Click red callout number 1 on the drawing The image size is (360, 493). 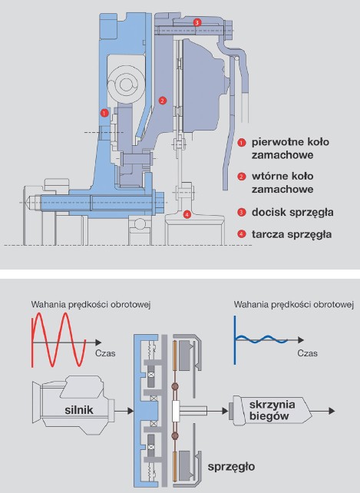(x=104, y=113)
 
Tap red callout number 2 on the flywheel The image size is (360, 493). (x=162, y=101)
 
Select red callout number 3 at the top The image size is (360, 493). (x=197, y=22)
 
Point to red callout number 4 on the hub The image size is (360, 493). (x=187, y=215)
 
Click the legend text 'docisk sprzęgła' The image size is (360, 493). (x=292, y=213)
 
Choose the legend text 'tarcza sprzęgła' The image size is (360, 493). (x=292, y=234)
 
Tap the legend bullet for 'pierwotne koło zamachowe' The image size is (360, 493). (x=242, y=142)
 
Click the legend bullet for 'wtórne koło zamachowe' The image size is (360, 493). (x=242, y=177)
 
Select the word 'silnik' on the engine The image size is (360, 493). (x=79, y=410)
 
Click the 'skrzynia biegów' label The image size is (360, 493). (x=272, y=410)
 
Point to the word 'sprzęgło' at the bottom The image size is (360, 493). (x=231, y=467)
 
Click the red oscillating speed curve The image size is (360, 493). (x=58, y=339)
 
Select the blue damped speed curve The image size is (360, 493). (x=261, y=339)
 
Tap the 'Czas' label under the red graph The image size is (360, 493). (x=105, y=353)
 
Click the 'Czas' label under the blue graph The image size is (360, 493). (x=307, y=353)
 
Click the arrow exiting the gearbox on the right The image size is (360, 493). (x=323, y=411)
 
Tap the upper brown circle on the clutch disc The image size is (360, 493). (x=175, y=386)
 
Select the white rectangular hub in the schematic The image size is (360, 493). (x=176, y=411)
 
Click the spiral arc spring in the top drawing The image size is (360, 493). (x=125, y=84)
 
